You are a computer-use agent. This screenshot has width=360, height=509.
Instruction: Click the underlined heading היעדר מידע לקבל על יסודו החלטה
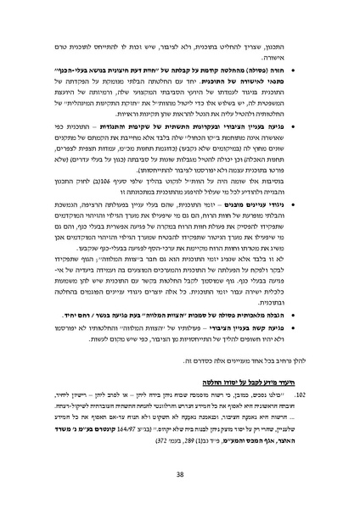tap(257, 383)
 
